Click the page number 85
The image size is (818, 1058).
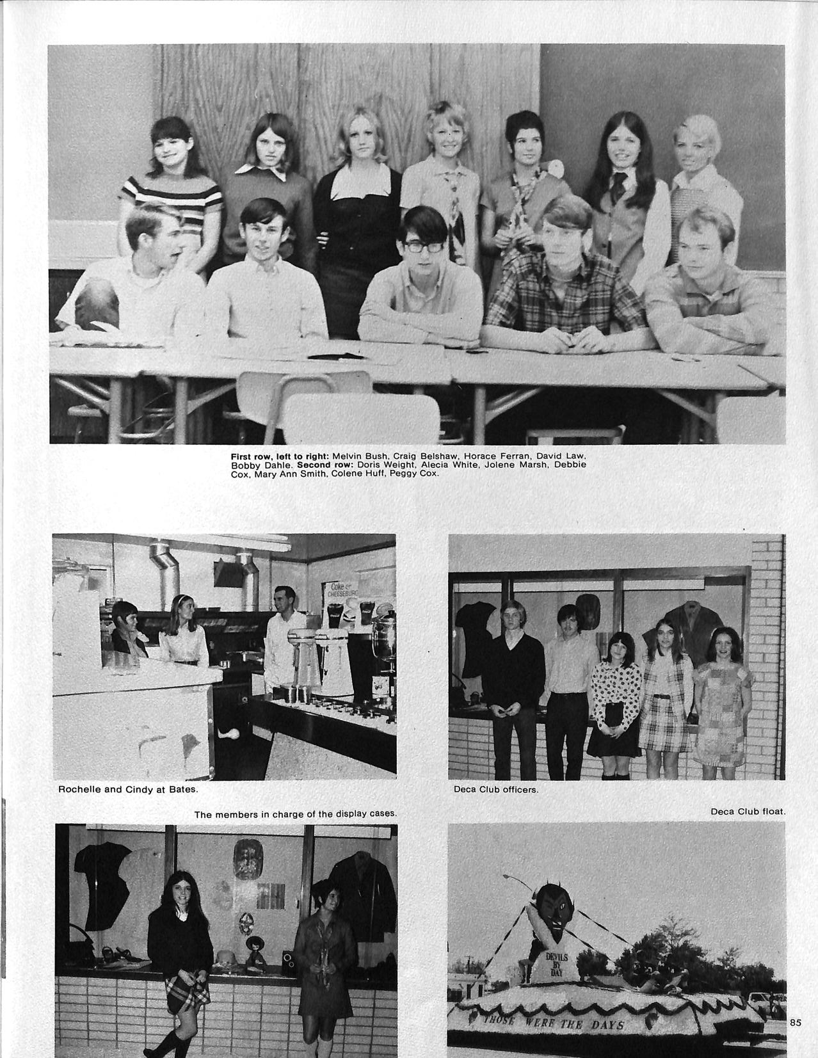pos(795,1022)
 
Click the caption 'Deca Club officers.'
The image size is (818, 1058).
pos(496,789)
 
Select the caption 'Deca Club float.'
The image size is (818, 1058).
pos(748,812)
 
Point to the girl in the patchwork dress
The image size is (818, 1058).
pos(721,694)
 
